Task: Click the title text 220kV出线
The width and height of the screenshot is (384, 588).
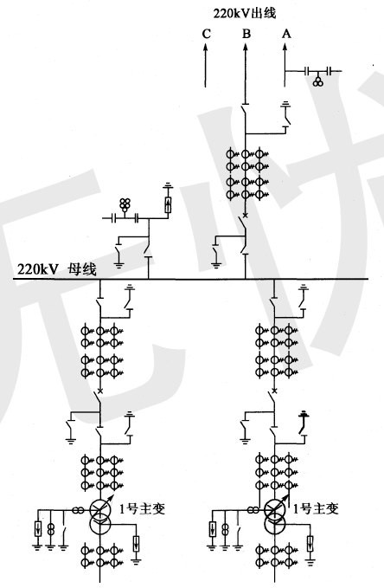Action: pyautogui.click(x=245, y=13)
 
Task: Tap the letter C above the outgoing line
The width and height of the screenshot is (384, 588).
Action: pyautogui.click(x=207, y=34)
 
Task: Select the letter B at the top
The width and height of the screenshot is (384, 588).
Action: pyautogui.click(x=246, y=34)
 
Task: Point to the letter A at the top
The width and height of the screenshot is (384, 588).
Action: pyautogui.click(x=286, y=34)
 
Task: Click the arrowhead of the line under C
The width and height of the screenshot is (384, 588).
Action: pyautogui.click(x=205, y=47)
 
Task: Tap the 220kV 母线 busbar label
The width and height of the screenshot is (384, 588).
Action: pyautogui.click(x=56, y=268)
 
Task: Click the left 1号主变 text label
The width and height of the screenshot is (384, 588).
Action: pyautogui.click(x=143, y=508)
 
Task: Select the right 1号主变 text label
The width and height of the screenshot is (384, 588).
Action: pyautogui.click(x=316, y=508)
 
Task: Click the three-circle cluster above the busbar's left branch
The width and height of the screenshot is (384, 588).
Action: pyautogui.click(x=125, y=204)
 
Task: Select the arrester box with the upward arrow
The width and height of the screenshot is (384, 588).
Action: pyautogui.click(x=168, y=204)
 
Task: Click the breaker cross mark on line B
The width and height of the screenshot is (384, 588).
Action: pyautogui.click(x=245, y=215)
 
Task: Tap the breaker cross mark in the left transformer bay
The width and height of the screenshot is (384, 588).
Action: pyautogui.click(x=100, y=391)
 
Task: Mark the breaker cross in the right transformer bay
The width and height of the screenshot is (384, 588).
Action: pyautogui.click(x=275, y=391)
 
